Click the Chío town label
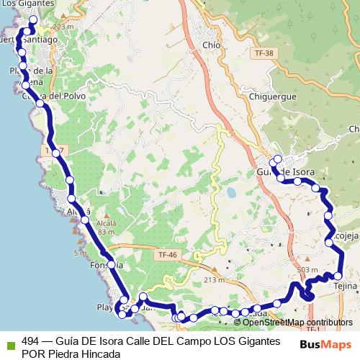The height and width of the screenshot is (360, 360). [212, 45]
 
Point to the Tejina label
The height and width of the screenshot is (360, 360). [346, 287]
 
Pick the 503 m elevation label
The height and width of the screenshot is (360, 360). [307, 269]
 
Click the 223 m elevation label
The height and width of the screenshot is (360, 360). [63, 26]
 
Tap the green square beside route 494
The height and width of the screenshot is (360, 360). [10, 343]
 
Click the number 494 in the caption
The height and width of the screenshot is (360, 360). [31, 340]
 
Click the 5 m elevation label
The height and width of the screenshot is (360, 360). [78, 253]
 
